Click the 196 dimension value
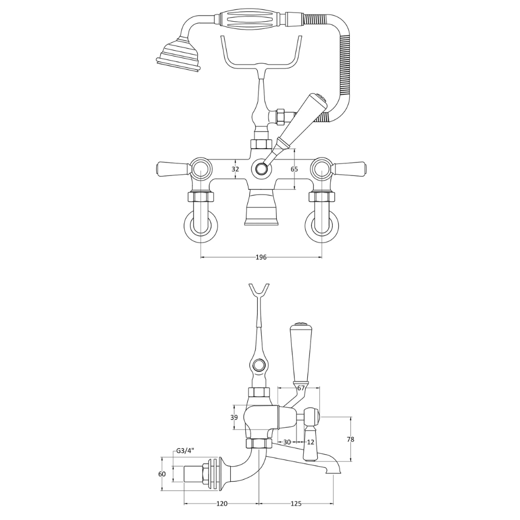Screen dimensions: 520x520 [x=261, y=257]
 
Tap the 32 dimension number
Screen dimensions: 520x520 [x=235, y=169]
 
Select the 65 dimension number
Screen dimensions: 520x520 [x=294, y=169]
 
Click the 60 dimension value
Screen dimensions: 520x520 [x=162, y=474]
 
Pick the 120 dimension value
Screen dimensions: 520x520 [x=221, y=504]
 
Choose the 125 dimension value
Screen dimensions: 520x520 [x=296, y=504]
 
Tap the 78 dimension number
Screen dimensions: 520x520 [x=350, y=439]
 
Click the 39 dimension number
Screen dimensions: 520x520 [x=234, y=418]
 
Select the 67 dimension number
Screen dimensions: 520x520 [x=301, y=389]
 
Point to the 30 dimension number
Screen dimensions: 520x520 [x=287, y=442]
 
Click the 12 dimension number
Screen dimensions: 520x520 [x=310, y=442]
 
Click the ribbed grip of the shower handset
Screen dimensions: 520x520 [x=252, y=20]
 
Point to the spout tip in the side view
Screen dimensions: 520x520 [x=333, y=471]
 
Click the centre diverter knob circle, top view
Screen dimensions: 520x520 [x=261, y=169]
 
